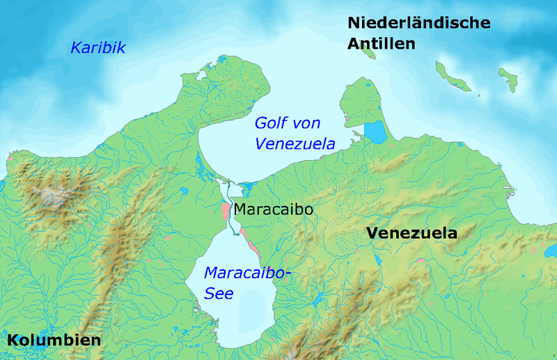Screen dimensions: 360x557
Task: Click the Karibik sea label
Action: click(97, 48)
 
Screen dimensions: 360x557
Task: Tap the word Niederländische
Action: click(419, 23)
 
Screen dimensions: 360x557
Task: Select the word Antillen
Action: click(382, 44)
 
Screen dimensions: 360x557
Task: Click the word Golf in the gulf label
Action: click(269, 123)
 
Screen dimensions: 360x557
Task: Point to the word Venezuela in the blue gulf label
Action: click(295, 144)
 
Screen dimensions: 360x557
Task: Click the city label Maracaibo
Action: click(272, 209)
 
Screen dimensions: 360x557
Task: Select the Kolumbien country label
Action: click(54, 341)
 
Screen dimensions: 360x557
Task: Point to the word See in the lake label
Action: click(219, 294)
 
